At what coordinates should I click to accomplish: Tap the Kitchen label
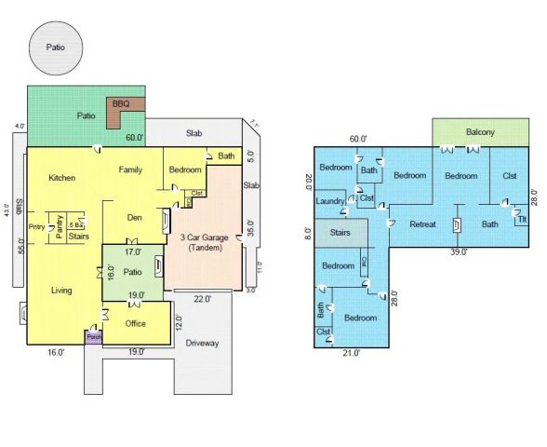pyautogui.click(x=62, y=178)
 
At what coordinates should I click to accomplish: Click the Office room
pyautogui.click(x=136, y=324)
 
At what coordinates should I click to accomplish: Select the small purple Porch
pyautogui.click(x=93, y=337)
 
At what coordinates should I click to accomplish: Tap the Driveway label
pyautogui.click(x=202, y=344)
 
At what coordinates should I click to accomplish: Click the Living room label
pyautogui.click(x=62, y=290)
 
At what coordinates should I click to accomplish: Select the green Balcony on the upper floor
pyautogui.click(x=480, y=132)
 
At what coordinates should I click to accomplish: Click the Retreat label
pyautogui.click(x=423, y=223)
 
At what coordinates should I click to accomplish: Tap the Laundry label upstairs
pyautogui.click(x=330, y=201)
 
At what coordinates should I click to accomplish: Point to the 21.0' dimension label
pyautogui.click(x=352, y=353)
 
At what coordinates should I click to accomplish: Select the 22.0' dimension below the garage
pyautogui.click(x=202, y=299)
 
